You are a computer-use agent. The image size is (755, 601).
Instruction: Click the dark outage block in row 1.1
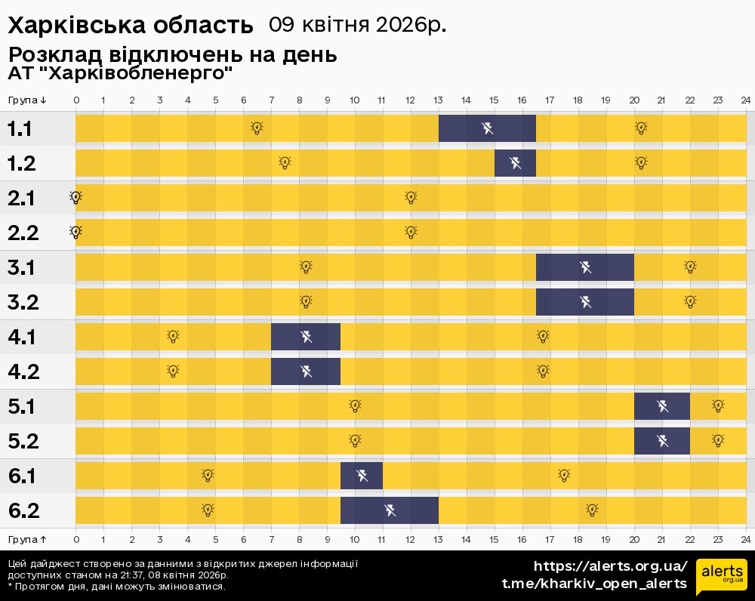[487, 128]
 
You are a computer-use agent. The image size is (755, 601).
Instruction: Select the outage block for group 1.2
[515, 163]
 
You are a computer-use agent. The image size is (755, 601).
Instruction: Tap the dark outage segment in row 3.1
[585, 267]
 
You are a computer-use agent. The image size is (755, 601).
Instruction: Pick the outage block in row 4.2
[305, 371]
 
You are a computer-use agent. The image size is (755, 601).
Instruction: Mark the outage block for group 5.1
[662, 406]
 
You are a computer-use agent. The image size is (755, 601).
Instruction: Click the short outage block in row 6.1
[362, 476]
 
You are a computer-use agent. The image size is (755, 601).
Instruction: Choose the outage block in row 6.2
[390, 510]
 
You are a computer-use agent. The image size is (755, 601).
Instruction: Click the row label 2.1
[23, 198]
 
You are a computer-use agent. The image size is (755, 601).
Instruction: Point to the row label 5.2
[23, 441]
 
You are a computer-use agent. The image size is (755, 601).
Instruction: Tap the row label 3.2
[23, 302]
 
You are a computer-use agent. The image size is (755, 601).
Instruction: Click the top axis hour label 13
[439, 100]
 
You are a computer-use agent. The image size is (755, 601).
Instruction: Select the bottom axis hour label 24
[745, 539]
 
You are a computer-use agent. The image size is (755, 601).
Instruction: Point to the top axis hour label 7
[272, 100]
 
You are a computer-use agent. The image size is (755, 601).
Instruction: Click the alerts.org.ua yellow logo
[722, 577]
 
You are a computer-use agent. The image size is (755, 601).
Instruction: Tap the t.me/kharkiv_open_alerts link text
[594, 584]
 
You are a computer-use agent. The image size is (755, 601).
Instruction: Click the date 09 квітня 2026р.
[357, 25]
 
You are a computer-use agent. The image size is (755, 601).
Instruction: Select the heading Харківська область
[130, 26]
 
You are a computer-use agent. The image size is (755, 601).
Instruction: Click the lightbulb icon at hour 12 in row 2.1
[411, 198]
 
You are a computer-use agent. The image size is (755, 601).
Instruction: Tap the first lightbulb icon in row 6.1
[208, 476]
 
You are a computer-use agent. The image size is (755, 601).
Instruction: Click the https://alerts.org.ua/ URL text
[610, 566]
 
